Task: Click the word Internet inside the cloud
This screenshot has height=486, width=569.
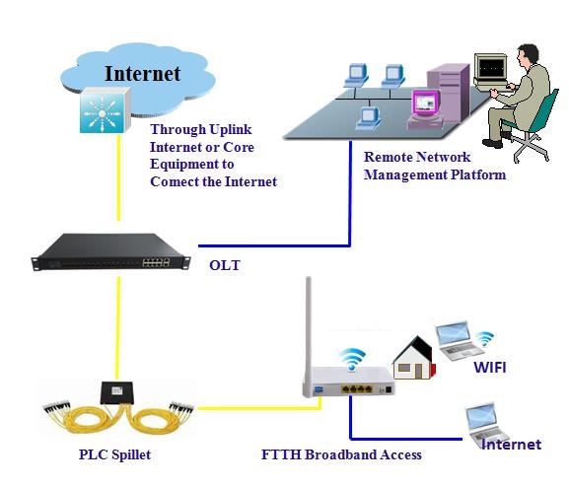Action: [x=142, y=74]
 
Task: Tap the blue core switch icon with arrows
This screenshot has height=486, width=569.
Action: [x=105, y=110]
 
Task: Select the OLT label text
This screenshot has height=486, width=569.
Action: [x=225, y=265]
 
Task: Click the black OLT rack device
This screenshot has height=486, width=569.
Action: [x=110, y=251]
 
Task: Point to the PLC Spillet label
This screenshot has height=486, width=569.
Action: [x=114, y=454]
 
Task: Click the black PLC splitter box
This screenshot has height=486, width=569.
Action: [x=116, y=392]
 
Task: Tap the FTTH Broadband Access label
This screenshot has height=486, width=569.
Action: [x=341, y=454]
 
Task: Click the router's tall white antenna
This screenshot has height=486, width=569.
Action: [x=309, y=326]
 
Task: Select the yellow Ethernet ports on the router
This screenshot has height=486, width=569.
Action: [x=357, y=389]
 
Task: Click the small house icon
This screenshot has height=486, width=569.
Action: [x=414, y=358]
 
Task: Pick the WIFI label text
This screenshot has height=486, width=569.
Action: [x=490, y=368]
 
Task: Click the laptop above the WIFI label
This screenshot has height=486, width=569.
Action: [x=459, y=340]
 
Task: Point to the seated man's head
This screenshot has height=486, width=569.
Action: [x=528, y=55]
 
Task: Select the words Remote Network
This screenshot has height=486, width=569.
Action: [x=417, y=157]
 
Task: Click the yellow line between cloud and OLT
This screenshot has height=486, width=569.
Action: [x=118, y=177]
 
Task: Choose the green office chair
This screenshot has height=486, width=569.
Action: [x=533, y=127]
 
